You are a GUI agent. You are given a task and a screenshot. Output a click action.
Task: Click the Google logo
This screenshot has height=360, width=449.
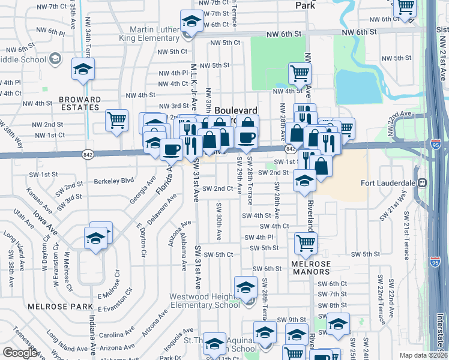(20, 353)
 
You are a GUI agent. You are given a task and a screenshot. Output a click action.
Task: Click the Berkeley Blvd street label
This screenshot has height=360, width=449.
(113, 180)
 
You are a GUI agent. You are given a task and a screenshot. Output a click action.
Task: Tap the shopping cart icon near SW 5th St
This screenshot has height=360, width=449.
(306, 243)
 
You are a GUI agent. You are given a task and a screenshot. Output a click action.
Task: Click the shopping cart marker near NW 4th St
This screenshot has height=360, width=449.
(300, 74)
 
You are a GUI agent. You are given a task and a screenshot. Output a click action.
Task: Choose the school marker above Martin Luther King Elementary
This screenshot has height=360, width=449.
(191, 22)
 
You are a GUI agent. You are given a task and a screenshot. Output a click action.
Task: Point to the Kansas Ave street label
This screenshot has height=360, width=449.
(34, 199)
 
